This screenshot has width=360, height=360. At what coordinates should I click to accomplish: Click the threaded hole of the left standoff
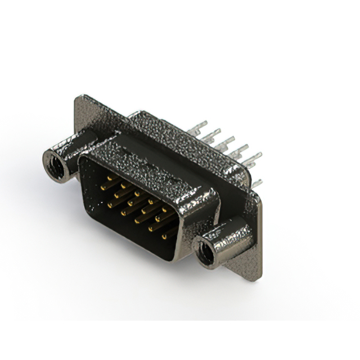pyautogui.click(x=55, y=161)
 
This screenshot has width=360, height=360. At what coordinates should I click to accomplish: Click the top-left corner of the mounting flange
pyautogui.click(x=78, y=97)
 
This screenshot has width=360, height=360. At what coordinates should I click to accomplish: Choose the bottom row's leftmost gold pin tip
pyautogui.click(x=110, y=206)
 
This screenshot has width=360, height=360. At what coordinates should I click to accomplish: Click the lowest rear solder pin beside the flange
pyautogui.click(x=257, y=182)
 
